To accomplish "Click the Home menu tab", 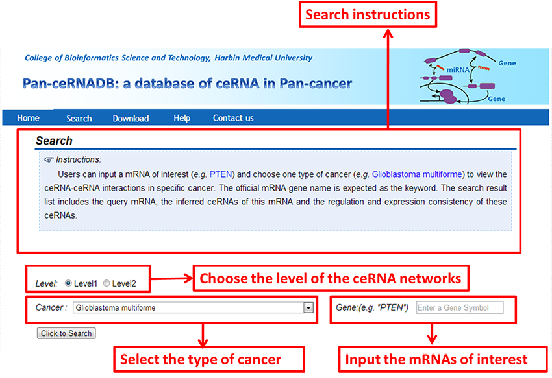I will tap(28, 118).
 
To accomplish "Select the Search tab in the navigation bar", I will tap(79, 119).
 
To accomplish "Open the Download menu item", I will tap(131, 119).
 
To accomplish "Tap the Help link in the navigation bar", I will tap(182, 118).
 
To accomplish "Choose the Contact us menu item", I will tap(233, 118).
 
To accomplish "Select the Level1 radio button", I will tap(69, 283).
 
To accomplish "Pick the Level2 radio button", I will tap(107, 283).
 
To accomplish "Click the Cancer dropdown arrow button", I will tap(308, 308).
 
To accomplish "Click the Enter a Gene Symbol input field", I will tap(459, 308).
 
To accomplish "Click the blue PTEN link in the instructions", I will tap(221, 174).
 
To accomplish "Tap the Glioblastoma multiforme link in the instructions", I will tap(418, 174).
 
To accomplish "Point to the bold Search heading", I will tap(54, 141).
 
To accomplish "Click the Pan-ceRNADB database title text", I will tap(187, 84).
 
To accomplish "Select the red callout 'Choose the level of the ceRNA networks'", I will tap(331, 279).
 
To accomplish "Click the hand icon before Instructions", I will tap(49, 159).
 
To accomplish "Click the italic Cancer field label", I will tap(51, 307).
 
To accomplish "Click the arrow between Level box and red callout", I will tap(171, 279).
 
